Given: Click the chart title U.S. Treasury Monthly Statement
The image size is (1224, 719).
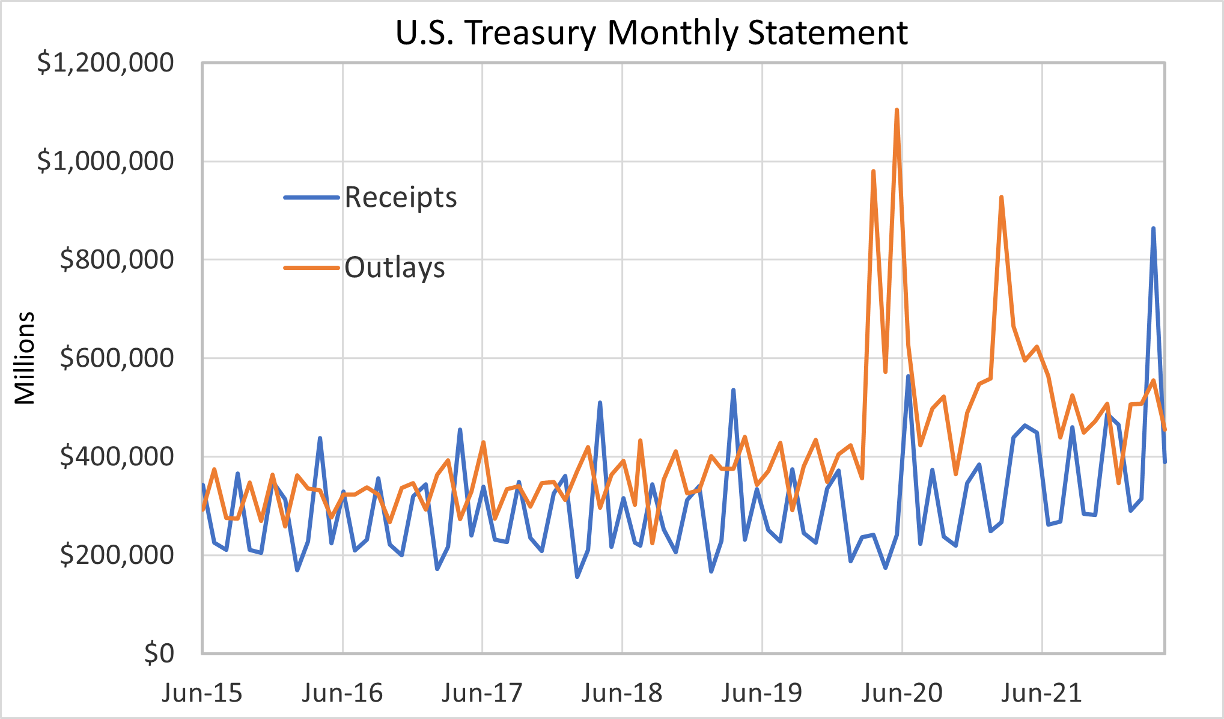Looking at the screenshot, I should tap(651, 32).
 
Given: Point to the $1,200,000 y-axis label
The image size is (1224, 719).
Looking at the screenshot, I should tap(106, 63).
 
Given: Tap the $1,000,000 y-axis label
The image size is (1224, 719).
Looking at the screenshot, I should tap(106, 161).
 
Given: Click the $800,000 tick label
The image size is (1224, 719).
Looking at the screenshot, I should tap(117, 260).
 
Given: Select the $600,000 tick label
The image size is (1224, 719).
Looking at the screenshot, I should tap(117, 358).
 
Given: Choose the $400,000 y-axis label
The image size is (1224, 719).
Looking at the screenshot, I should tap(117, 457).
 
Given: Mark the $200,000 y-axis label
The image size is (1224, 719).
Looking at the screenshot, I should tap(117, 555).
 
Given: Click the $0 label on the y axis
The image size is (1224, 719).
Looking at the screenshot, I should tap(159, 653).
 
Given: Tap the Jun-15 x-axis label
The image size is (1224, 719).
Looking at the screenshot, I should tap(202, 693).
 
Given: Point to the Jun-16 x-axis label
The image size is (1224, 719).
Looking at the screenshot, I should tap(342, 693).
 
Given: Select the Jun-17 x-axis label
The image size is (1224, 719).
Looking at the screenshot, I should tap(482, 693).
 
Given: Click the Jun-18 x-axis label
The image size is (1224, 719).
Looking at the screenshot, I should tap(622, 693).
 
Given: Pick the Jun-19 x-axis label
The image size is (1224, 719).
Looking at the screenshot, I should tap(762, 693).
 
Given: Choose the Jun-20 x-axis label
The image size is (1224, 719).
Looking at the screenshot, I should tap(902, 693).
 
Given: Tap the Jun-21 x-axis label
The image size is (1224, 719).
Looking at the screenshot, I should tap(1042, 693).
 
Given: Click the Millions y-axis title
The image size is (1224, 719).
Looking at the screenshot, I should tap(25, 358).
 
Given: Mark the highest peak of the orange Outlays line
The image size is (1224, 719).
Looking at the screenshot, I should tap(897, 110).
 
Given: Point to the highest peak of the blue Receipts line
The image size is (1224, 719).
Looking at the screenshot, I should tap(1153, 228).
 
